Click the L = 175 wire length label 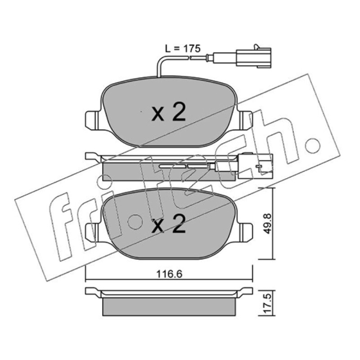point(183,49)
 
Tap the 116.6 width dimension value point(169,274)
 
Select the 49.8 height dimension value point(267,223)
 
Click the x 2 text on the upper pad point(168,112)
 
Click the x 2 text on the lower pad point(168,224)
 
